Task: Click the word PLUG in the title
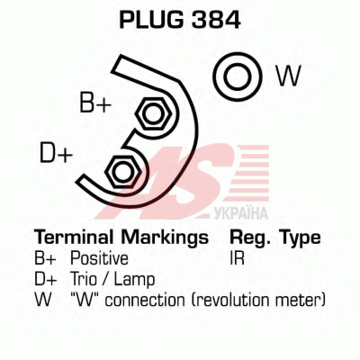pyautogui.click(x=151, y=20)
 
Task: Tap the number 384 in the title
pyautogui.click(x=216, y=20)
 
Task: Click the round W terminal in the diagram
pyautogui.click(x=238, y=76)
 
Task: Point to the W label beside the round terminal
pyautogui.click(x=288, y=76)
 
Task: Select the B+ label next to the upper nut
pyautogui.click(x=95, y=103)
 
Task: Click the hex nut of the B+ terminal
pyautogui.click(x=153, y=114)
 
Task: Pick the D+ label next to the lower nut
pyautogui.click(x=56, y=153)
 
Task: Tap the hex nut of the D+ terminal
pyautogui.click(x=122, y=172)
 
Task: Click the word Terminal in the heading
pyautogui.click(x=74, y=238)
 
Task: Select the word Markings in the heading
pyautogui.click(x=165, y=238)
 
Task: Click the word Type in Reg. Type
pyautogui.click(x=300, y=238)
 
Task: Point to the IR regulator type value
pyautogui.click(x=237, y=258)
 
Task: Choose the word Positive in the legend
pyautogui.click(x=99, y=258)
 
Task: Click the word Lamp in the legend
pyautogui.click(x=135, y=280)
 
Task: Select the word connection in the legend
pyautogui.click(x=145, y=301)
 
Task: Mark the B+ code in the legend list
pyautogui.click(x=45, y=258)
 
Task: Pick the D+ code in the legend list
pyautogui.click(x=46, y=279)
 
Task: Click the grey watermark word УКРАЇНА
pyautogui.click(x=241, y=212)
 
